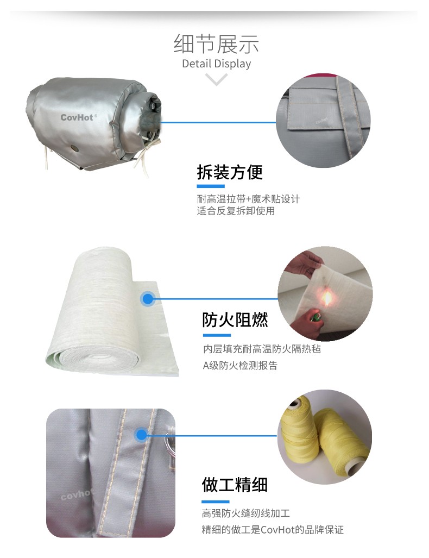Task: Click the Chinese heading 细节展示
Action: coord(216,44)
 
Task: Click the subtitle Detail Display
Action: coord(216,64)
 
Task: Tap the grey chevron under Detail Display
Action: coord(216,79)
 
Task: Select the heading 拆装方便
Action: coord(230,172)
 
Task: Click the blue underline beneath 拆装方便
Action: coord(211,186)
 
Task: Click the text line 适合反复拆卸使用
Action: coord(236,211)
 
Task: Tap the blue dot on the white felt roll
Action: coord(148,298)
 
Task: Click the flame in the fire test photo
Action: coord(326,298)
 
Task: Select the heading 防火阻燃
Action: coord(235,319)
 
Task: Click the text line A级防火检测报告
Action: coord(240,365)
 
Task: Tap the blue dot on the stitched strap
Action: coord(141,435)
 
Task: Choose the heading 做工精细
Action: coord(235,485)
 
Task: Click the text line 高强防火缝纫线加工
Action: coord(246,513)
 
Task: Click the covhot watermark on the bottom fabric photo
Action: coord(77,494)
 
